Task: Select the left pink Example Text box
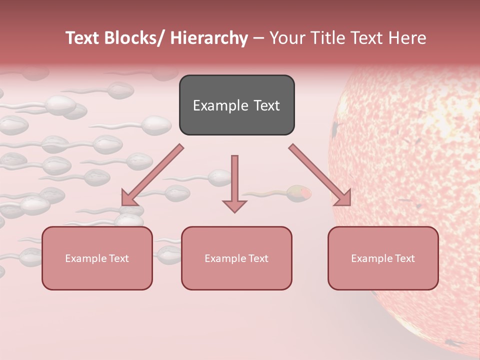[97, 258]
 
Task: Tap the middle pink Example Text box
[236, 258]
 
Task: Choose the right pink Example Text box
[383, 258]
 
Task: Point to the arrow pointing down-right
[320, 175]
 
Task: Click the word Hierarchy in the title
[208, 38]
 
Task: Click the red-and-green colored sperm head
[299, 193]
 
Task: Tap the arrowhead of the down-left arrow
[129, 198]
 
